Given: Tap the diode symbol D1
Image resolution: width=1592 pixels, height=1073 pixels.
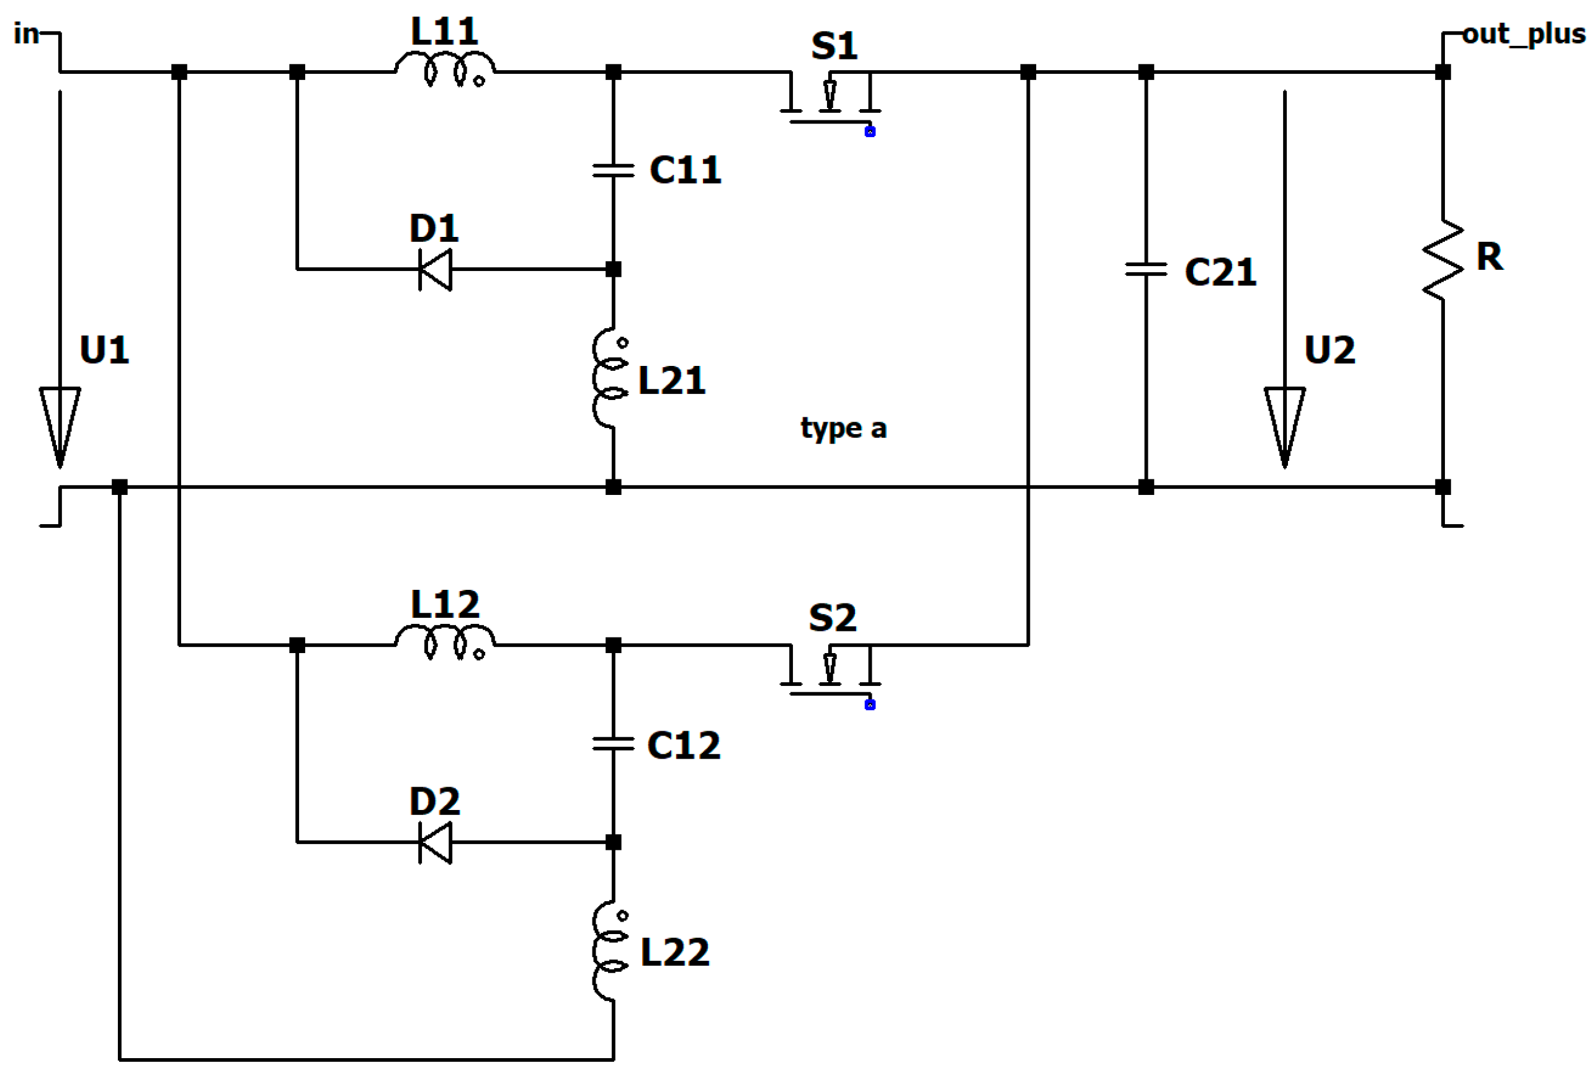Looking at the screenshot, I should [436, 269].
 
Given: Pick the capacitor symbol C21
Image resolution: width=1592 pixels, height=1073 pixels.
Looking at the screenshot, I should [1145, 270].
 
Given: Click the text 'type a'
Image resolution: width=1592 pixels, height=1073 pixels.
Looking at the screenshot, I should [843, 429].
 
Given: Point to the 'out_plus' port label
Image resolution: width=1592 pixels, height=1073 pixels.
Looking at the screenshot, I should [1524, 33].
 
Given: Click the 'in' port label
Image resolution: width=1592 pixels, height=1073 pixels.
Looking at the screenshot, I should [26, 33].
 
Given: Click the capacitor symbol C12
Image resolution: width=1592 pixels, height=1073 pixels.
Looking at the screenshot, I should [612, 743].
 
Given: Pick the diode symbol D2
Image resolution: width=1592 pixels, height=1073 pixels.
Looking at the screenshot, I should [436, 842].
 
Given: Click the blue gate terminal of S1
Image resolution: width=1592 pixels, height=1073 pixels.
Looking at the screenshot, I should [869, 131].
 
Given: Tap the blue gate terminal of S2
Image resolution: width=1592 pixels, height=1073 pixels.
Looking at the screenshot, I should [869, 704].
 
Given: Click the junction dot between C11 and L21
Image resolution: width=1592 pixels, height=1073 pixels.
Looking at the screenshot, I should [613, 269].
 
